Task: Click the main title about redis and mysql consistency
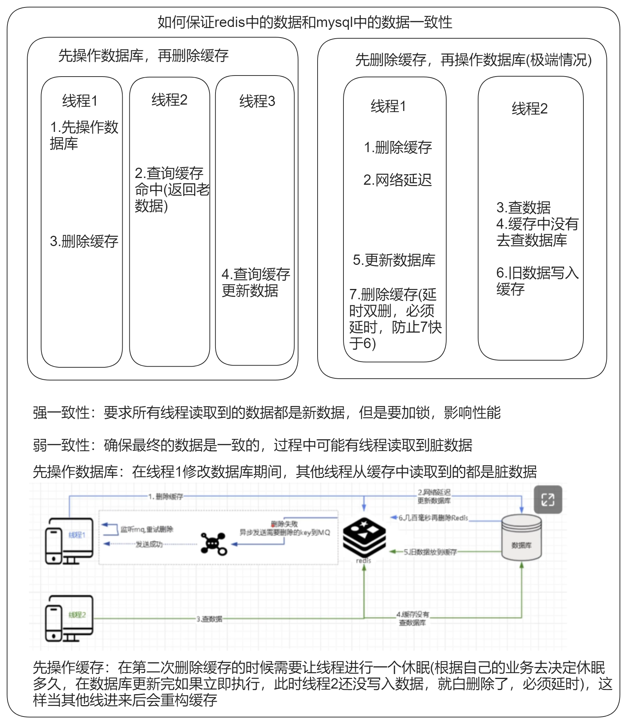[305, 22]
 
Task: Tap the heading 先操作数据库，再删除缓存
[143, 56]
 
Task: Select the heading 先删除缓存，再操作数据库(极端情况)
[473, 60]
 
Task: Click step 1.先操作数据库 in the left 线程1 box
[84, 135]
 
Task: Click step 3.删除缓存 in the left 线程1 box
[84, 241]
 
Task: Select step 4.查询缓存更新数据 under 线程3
[256, 283]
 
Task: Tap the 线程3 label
[257, 101]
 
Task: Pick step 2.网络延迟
[397, 180]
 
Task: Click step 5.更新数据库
[394, 260]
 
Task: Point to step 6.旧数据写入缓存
[537, 281]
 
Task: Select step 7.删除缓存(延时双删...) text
[395, 318]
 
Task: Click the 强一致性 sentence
[267, 413]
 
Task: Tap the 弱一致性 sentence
[252, 445]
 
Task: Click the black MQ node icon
[213, 544]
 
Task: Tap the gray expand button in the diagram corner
[548, 500]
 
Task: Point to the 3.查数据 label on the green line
[209, 619]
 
